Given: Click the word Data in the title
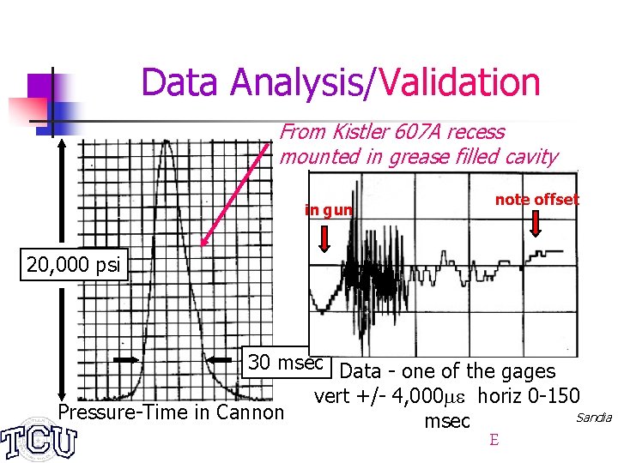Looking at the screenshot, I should (x=182, y=83).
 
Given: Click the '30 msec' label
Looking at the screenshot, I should (x=286, y=362).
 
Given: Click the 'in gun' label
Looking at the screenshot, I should (x=329, y=209).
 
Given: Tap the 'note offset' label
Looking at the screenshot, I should (x=536, y=200).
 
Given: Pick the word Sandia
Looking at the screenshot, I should (x=593, y=418).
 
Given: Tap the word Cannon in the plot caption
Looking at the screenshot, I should (x=251, y=412).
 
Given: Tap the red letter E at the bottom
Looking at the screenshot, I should (x=494, y=440).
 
